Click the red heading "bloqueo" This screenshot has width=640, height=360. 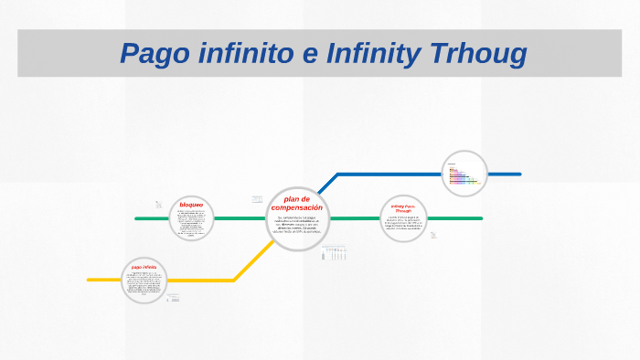point(191,204)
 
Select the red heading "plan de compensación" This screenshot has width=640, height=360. point(297,203)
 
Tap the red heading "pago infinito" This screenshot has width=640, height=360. point(144,267)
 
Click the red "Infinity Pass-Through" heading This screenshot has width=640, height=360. point(403,209)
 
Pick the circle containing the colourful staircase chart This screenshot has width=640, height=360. point(464,174)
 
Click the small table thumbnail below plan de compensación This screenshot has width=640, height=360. point(335,254)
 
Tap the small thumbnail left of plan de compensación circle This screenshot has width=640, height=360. point(257,199)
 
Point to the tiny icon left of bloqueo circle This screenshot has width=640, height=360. point(158,205)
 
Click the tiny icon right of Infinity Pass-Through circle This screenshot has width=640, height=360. point(433,235)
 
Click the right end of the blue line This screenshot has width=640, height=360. point(519,174)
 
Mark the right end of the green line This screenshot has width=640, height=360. point(481,218)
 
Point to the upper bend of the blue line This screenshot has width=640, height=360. point(338,174)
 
